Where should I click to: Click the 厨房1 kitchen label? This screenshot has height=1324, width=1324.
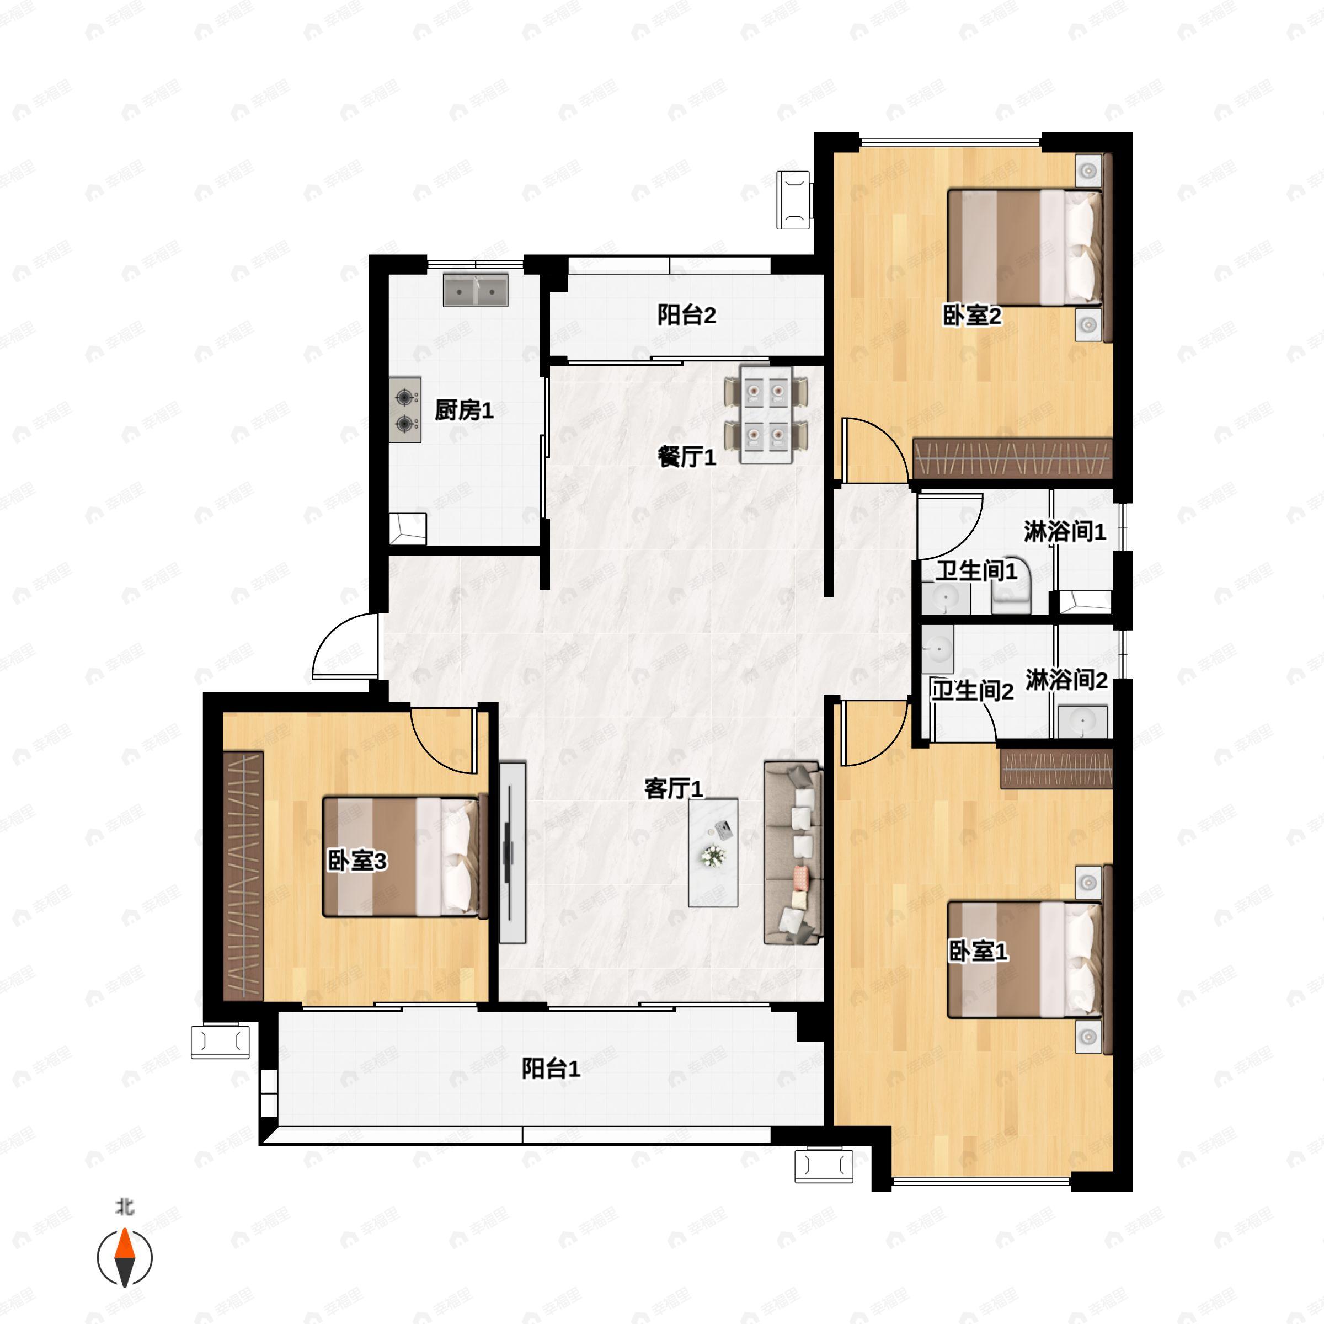click(464, 410)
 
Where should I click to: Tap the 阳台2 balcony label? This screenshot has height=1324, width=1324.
click(687, 315)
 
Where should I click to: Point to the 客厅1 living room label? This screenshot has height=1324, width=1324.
click(674, 789)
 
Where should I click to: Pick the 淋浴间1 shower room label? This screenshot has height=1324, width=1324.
click(1065, 531)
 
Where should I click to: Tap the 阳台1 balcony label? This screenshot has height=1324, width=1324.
click(551, 1069)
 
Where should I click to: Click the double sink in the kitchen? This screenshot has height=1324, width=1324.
click(476, 290)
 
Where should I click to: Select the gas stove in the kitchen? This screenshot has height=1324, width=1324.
click(405, 410)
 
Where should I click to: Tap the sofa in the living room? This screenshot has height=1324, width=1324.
click(793, 852)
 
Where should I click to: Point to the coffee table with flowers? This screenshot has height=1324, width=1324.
click(713, 852)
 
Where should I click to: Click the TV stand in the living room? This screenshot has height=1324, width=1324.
click(512, 852)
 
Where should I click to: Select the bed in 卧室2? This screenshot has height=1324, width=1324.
click(1024, 247)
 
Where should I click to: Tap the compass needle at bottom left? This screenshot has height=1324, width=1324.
click(124, 1258)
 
